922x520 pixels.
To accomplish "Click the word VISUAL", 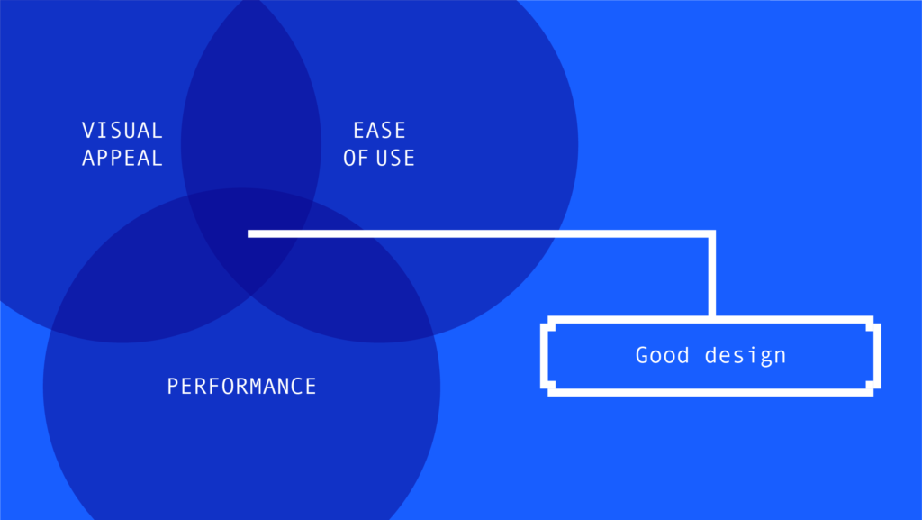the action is coord(122,130).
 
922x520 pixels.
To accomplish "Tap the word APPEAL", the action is coord(122,158).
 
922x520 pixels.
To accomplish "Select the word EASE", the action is coord(379,130).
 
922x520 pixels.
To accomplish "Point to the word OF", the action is coord(356,158).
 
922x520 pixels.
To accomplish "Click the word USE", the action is coord(394,158).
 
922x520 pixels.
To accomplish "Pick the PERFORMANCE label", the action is coord(241,387).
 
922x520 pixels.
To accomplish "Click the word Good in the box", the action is coord(662,355).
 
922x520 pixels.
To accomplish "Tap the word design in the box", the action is coord(746,357).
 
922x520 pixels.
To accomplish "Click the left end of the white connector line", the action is coord(249,234).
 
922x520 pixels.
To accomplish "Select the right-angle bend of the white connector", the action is coord(712,234).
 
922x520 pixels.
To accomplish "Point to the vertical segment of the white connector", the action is coord(712,275).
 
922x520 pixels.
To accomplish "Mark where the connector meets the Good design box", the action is coord(712,318).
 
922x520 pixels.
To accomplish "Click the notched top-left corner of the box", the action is coord(547,323).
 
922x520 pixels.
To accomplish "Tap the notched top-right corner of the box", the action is coord(873,323).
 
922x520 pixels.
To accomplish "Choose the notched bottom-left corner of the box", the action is coord(547,388).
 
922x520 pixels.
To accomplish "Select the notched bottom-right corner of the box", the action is coord(873,388).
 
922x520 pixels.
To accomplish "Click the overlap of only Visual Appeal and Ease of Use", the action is coord(251,100).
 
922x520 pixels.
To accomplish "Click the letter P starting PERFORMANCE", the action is coord(172,387).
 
